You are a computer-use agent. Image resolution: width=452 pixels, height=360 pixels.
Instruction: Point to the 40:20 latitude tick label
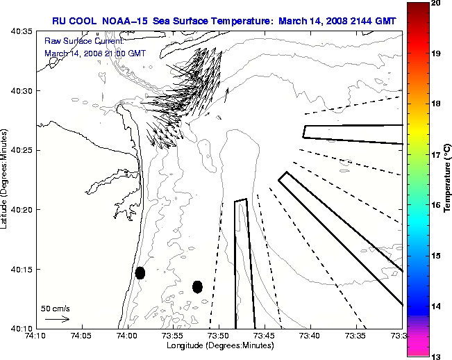22,209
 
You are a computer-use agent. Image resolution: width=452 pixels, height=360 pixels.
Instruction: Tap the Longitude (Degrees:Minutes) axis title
219,345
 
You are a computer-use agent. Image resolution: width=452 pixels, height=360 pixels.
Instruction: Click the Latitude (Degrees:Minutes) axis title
6,180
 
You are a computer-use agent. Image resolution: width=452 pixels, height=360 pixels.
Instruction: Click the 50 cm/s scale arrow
57,320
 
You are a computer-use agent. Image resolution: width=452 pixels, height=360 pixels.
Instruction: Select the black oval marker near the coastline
140,272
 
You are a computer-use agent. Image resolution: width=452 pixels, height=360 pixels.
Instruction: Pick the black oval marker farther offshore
197,286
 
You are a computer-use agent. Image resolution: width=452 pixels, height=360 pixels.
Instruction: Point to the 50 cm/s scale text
56,308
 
